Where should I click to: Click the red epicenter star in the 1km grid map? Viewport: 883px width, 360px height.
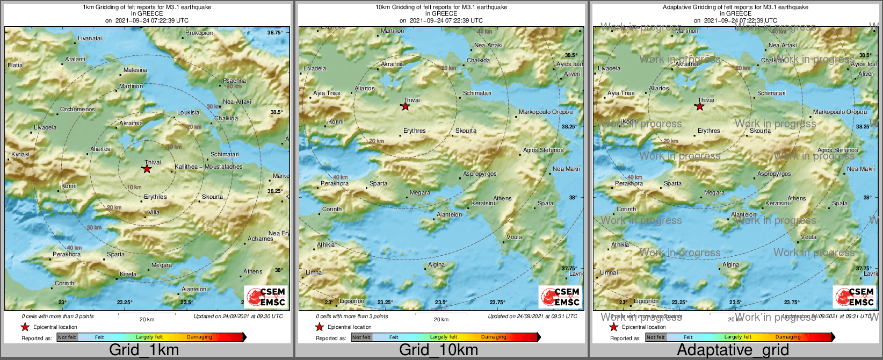pos(147,169)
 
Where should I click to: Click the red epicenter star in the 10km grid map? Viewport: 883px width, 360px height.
pos(406,106)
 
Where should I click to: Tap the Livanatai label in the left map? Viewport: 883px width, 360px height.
pos(90,38)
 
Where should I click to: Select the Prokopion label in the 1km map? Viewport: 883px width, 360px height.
pos(199,33)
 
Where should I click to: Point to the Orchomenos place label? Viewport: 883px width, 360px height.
pos(77,109)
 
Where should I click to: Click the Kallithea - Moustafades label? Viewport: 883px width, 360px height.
pos(208,167)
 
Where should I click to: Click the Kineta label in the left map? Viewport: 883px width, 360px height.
pos(128,274)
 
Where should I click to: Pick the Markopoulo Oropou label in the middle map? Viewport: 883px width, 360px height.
pos(545,112)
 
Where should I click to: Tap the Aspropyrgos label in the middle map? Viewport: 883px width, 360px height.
pos(480,174)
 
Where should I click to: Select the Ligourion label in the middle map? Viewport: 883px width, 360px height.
pos(352,301)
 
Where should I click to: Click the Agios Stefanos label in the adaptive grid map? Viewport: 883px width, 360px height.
pos(838,150)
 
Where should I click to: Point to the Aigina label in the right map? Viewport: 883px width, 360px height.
pos(730,264)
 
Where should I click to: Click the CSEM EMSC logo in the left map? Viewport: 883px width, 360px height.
pos(266,297)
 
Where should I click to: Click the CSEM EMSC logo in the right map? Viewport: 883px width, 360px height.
pos(855,297)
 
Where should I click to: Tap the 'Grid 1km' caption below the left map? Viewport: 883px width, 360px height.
pos(144,350)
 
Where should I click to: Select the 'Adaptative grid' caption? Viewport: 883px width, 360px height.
pos(733,350)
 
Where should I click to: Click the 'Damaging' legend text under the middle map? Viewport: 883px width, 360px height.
pos(494,337)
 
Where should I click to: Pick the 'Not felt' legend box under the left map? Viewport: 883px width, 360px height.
pos(67,337)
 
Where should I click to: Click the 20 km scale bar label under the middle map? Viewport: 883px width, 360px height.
pos(441,319)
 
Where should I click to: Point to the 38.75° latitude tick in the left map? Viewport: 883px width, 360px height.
pos(275,32)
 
